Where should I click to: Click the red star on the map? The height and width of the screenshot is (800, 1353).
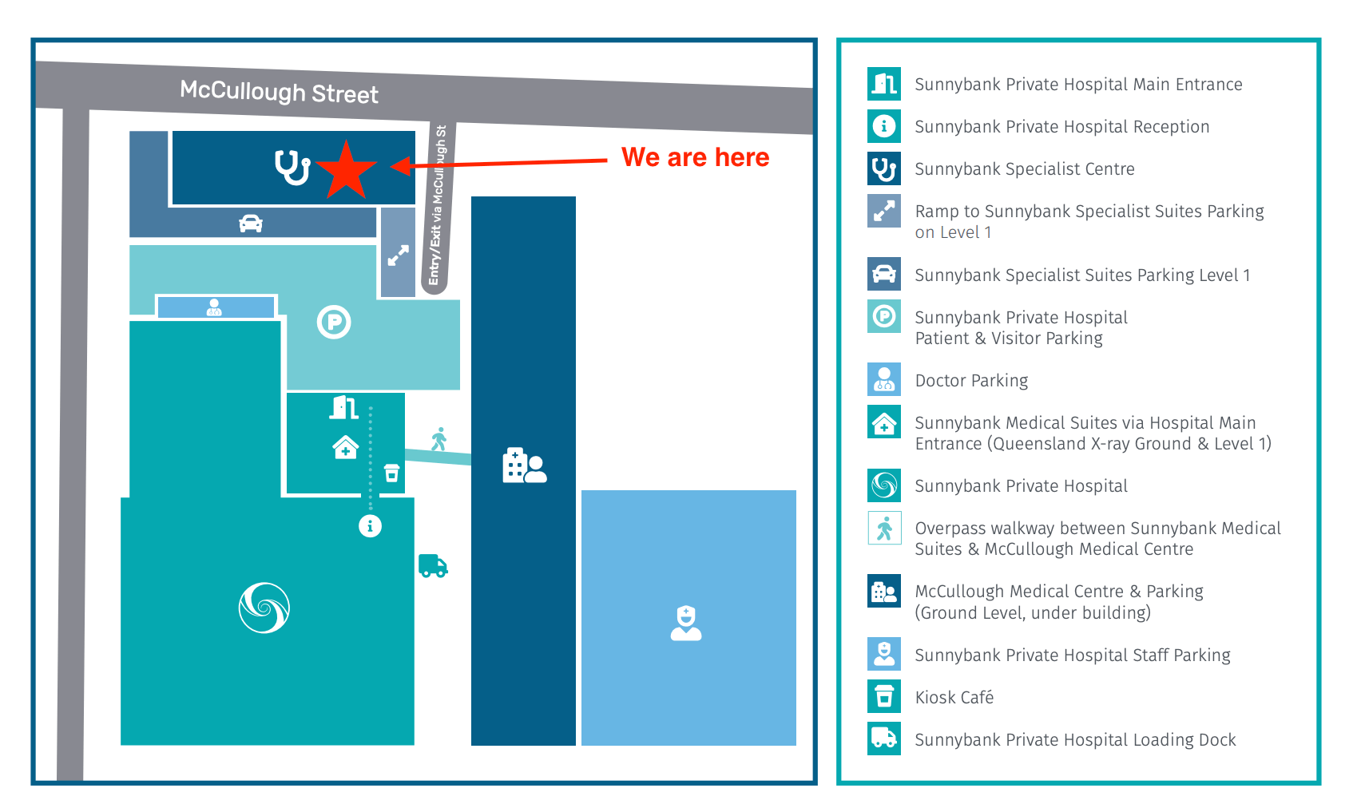(346, 170)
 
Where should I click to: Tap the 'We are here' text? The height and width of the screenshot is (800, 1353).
(695, 157)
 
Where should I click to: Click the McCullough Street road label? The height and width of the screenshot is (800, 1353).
(279, 92)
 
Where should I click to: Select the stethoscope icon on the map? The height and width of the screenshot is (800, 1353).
(292, 167)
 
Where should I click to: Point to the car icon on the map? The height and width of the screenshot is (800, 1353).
(251, 224)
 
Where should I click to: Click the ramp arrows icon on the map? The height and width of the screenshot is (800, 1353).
(398, 255)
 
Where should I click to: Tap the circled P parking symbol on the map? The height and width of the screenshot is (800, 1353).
(334, 323)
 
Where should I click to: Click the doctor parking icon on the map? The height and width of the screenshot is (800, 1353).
(214, 307)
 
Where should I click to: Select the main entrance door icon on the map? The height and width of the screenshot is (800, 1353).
(344, 408)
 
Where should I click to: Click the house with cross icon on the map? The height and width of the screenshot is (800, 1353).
(345, 447)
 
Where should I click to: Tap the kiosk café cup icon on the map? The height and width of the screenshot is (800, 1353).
(391, 473)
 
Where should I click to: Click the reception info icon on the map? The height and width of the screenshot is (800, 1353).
(370, 526)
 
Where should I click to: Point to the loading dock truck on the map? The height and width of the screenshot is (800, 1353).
(433, 566)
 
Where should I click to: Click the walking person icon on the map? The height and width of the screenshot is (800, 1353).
(438, 438)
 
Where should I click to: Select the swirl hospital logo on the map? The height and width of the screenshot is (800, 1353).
(264, 608)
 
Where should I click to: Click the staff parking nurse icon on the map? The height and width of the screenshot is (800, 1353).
(686, 624)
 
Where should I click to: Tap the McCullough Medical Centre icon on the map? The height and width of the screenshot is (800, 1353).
(524, 465)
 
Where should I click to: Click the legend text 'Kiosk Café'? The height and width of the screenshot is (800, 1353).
(954, 698)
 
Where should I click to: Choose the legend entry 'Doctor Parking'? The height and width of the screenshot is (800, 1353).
(971, 381)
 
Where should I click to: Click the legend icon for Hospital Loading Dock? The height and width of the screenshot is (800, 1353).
(884, 739)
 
